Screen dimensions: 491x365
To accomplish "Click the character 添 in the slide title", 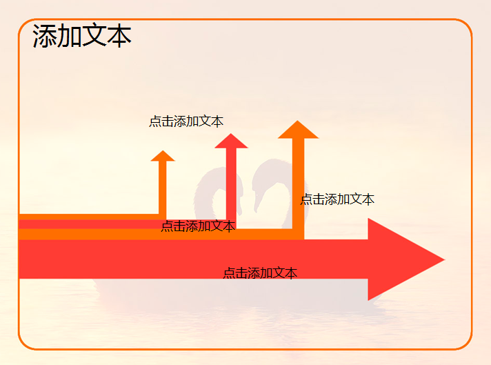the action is (44, 36).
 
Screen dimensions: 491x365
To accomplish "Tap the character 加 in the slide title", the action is (69, 36).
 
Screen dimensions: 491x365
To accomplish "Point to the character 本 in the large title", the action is (119, 36).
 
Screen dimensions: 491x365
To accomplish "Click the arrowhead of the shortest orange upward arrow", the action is (163, 156).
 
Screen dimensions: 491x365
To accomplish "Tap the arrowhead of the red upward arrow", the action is (231, 141).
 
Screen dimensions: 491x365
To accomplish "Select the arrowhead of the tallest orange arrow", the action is (298, 130).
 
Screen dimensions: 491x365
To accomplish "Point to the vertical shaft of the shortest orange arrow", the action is (163, 188).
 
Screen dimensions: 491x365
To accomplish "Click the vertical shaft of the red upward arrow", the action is (231, 185).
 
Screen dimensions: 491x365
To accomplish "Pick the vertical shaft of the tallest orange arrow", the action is (298, 188).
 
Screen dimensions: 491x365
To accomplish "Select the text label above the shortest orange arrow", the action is (186, 121).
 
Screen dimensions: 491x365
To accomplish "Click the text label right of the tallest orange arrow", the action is (337, 199).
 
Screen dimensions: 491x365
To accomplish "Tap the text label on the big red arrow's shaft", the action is (260, 273).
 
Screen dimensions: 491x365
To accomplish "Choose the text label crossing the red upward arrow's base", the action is (198, 226).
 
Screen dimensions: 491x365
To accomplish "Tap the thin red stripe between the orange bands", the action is (91, 224).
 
